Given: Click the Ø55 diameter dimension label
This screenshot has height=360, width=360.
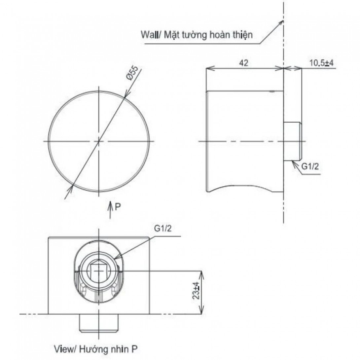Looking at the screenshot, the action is [x=132, y=73].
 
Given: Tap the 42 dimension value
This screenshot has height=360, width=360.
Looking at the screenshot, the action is [x=244, y=63].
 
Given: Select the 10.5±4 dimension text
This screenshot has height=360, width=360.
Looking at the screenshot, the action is [x=321, y=63].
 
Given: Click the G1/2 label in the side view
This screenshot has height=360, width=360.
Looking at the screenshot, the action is [x=310, y=166].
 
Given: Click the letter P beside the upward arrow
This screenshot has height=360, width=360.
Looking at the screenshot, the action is [x=118, y=207].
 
